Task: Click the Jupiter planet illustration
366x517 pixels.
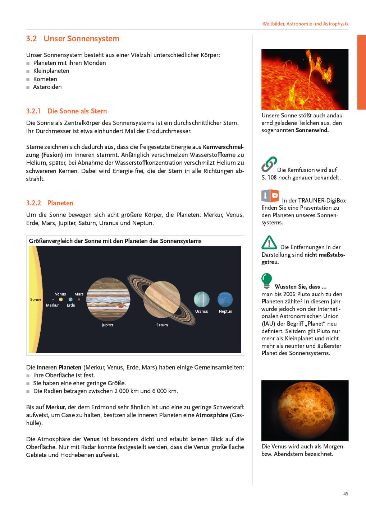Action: point(108,299)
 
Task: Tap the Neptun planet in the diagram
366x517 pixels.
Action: point(225,299)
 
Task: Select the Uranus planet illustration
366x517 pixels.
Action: point(201,299)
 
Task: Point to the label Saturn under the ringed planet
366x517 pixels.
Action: point(162,325)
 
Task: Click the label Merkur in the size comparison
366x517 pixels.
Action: point(52,305)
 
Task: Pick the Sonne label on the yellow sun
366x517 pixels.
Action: point(36,299)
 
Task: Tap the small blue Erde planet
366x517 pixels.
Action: point(70,299)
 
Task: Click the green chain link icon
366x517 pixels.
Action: point(269,164)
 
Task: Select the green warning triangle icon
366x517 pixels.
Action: point(269,243)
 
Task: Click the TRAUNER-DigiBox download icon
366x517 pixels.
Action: point(270,196)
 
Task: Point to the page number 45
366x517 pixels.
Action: point(346,494)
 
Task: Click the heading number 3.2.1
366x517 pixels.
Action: point(33,111)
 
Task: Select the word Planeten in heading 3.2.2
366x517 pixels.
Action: point(60,203)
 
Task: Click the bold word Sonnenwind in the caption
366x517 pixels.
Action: point(312,130)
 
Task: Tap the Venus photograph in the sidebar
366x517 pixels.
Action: point(305,410)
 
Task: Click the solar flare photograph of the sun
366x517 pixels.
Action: point(305,79)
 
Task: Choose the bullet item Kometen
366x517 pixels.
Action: point(45,79)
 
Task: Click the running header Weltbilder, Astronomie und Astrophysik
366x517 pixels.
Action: point(305,24)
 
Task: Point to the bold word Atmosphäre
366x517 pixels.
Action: point(212,415)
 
